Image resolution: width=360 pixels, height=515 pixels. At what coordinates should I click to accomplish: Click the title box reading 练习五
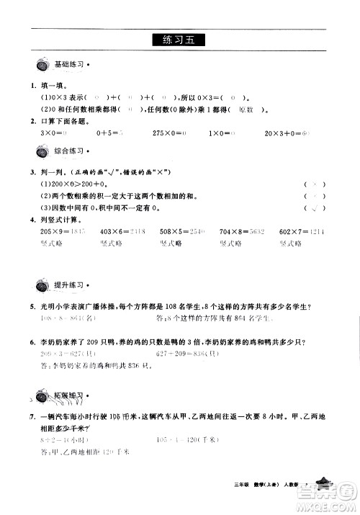179,41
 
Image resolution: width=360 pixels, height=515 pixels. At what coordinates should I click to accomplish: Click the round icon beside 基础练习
42,66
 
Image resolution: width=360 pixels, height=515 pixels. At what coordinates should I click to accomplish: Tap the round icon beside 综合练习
42,152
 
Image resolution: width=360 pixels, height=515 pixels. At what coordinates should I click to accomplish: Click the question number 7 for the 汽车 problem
24,416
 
